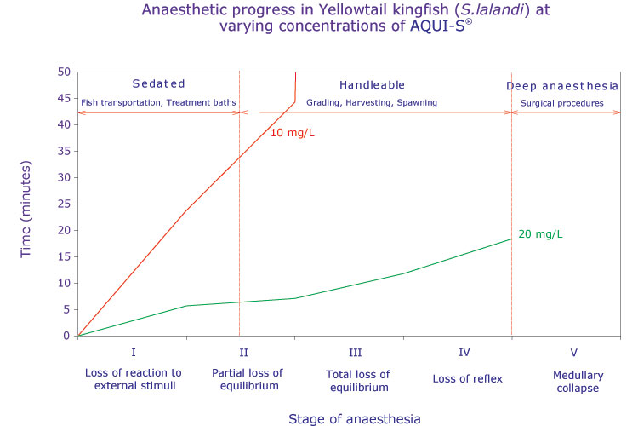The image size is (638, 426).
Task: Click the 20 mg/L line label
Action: pyautogui.click(x=540, y=234)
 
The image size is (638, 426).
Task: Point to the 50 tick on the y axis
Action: pyautogui.click(x=63, y=72)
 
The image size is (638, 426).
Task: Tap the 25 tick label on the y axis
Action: pyautogui.click(x=63, y=204)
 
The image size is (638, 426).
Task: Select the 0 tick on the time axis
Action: pyautogui.click(x=66, y=336)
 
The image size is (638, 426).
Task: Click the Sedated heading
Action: pyautogui.click(x=158, y=84)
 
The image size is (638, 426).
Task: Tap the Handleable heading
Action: pyautogui.click(x=372, y=85)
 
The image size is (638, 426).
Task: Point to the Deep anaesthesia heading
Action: pyautogui.click(x=562, y=86)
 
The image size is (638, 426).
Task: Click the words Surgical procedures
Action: pyautogui.click(x=562, y=103)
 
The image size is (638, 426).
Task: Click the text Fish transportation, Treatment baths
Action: pyautogui.click(x=158, y=103)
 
